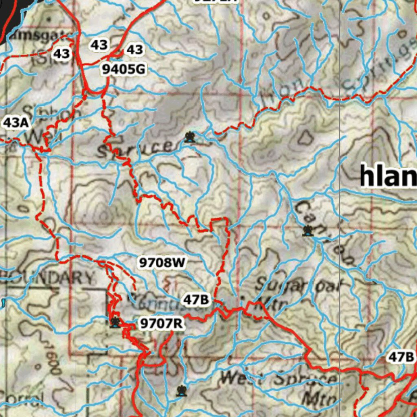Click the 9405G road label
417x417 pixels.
(123, 70)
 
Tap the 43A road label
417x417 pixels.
(16, 123)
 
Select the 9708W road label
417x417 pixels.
(162, 263)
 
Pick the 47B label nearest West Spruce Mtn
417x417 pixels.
(401, 357)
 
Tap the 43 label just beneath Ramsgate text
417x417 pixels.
(61, 53)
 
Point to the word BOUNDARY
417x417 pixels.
(49, 278)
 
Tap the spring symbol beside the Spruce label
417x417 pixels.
(189, 137)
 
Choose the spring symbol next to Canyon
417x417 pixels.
(308, 231)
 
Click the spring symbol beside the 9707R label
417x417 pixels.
(116, 323)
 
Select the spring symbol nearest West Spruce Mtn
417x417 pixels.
(181, 391)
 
